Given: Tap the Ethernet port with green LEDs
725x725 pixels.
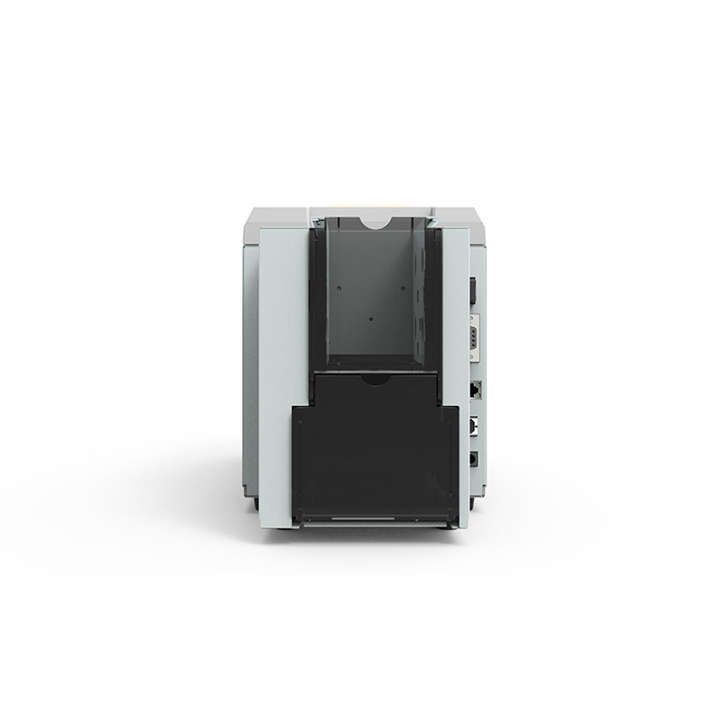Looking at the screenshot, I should pyautogui.click(x=475, y=389).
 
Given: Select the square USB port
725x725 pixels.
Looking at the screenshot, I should pyautogui.click(x=474, y=426).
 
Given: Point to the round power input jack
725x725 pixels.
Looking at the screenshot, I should pyautogui.click(x=474, y=459).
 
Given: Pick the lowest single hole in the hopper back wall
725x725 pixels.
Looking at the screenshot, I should pyautogui.click(x=372, y=318).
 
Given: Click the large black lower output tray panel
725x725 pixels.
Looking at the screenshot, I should pyautogui.click(x=374, y=462).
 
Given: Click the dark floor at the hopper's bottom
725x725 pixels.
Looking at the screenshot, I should pyautogui.click(x=372, y=360).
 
